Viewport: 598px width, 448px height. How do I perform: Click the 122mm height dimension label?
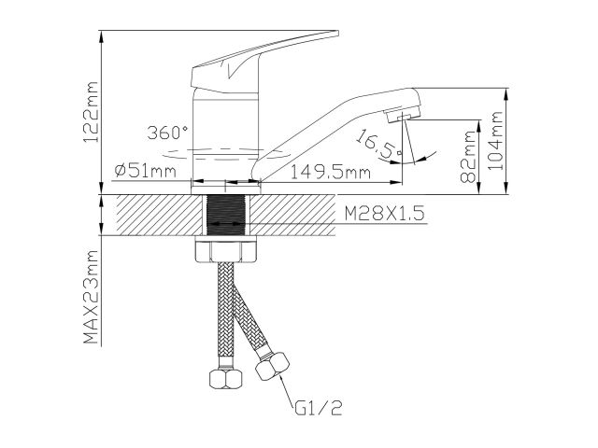click(x=91, y=112)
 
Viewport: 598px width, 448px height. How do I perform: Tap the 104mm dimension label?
click(x=496, y=141)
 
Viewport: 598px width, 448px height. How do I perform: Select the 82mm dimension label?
click(x=468, y=157)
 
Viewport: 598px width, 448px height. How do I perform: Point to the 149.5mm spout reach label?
click(x=330, y=172)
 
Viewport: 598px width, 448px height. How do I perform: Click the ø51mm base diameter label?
click(x=146, y=172)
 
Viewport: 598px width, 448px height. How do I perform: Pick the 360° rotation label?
click(x=167, y=133)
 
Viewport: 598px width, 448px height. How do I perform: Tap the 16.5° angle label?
click(x=377, y=144)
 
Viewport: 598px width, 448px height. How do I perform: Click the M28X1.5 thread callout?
click(x=384, y=214)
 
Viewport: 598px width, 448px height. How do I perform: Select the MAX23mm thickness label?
click(x=91, y=297)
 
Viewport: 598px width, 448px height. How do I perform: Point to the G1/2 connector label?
click(x=319, y=409)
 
